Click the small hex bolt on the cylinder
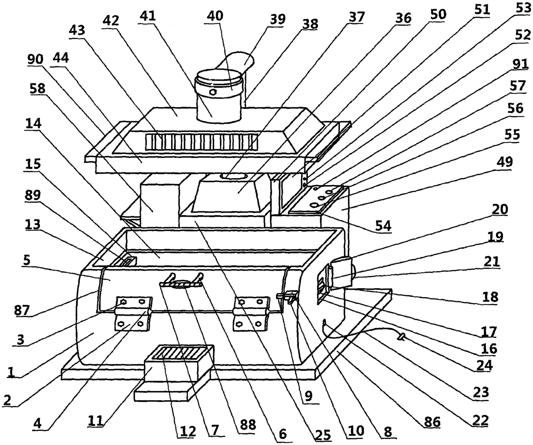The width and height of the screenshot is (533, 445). pyautogui.click(x=212, y=92)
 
